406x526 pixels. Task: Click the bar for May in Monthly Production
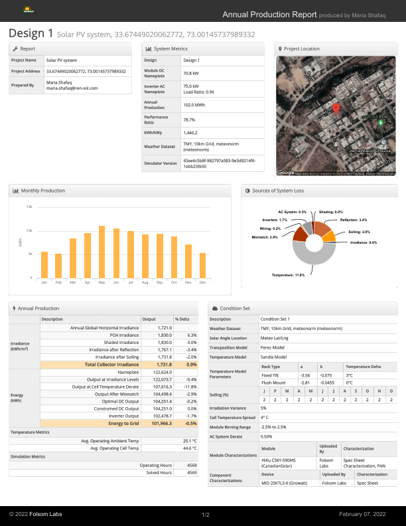(x=101, y=252)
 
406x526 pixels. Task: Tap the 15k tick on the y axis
(x=29, y=207)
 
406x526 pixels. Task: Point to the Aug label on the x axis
(x=145, y=282)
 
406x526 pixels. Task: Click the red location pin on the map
(x=336, y=109)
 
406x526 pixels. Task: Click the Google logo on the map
(x=286, y=172)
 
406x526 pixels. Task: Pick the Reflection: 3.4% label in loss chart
(x=354, y=219)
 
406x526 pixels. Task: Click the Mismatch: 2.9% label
(x=264, y=237)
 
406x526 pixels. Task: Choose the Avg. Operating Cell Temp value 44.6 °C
(x=187, y=448)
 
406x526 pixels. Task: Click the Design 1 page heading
(x=31, y=33)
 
